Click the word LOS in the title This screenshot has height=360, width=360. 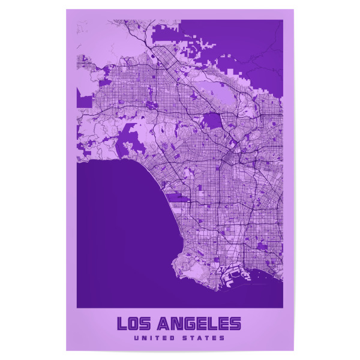pos(134,324)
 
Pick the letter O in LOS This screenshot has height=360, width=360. pos(134,324)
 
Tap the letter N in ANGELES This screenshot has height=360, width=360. pos(175,324)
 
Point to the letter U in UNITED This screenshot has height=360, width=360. pos(137,338)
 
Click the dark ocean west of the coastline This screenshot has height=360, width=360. pos(120,228)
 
